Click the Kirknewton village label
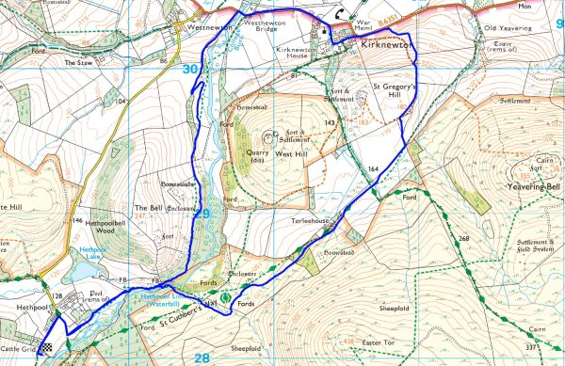pos(382,44)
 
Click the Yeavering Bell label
pos(533,188)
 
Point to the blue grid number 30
pos(191,69)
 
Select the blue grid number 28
pos(202,358)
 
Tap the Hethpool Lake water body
pos(83,270)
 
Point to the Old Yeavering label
pos(508,28)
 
